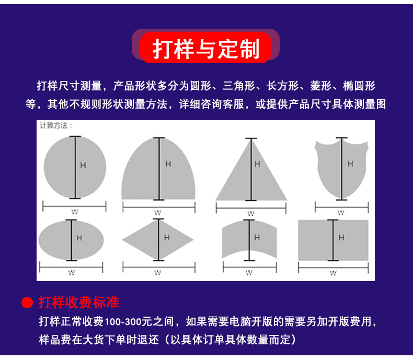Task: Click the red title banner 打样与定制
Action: [x=205, y=48]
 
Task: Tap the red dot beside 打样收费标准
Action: [x=27, y=303]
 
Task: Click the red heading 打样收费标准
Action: [x=79, y=302]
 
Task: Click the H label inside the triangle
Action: [x=257, y=164]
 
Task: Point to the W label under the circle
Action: [x=75, y=212]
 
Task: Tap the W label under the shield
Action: [x=341, y=212]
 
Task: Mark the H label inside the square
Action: [x=341, y=238]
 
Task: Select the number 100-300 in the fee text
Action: [x=123, y=322]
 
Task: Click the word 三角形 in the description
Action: [x=238, y=86]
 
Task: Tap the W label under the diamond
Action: [x=157, y=273]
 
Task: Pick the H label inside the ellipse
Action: [x=79, y=238]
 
